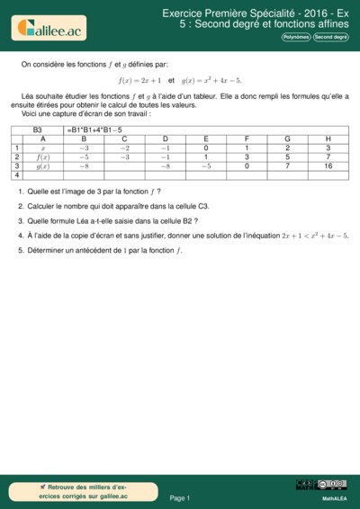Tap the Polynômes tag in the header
(296, 38)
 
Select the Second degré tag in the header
(330, 38)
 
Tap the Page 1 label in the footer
(179, 497)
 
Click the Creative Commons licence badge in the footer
(320, 486)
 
